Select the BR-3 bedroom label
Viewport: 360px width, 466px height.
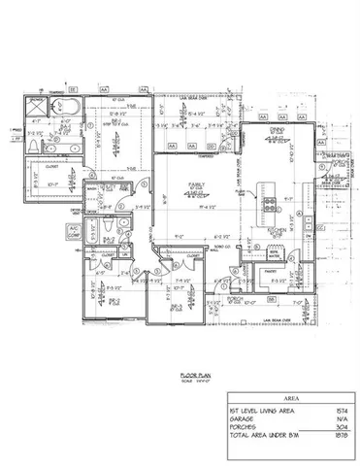tap(177, 305)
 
